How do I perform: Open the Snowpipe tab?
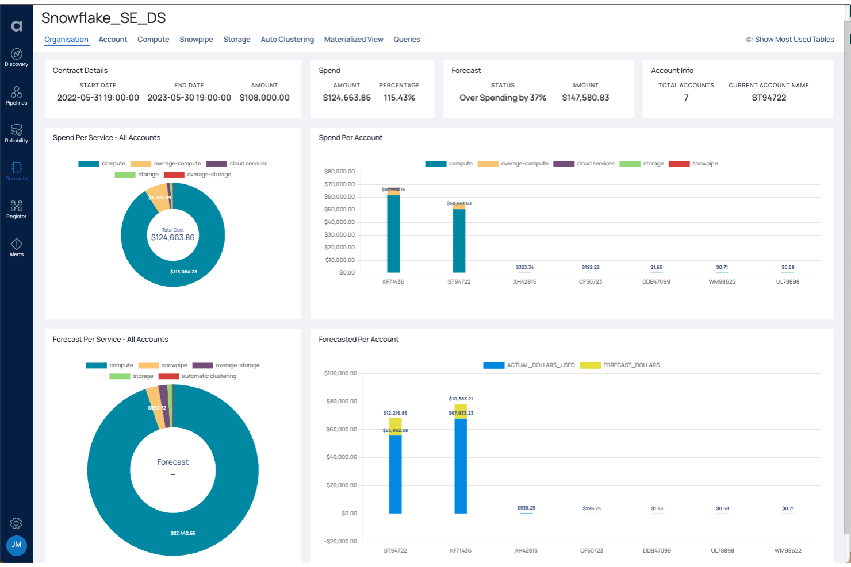(196, 40)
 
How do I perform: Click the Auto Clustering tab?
(287, 40)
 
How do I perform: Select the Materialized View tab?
(353, 40)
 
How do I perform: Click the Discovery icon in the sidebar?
(17, 57)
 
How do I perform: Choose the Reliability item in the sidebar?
(17, 133)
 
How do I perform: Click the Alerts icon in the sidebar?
(17, 247)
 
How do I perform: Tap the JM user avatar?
(17, 545)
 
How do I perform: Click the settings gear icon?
(17, 523)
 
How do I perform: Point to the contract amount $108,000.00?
(264, 98)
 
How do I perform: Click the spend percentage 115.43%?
(399, 98)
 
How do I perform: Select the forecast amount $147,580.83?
(585, 98)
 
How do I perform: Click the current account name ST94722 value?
(769, 98)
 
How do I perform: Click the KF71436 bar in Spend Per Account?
(393, 233)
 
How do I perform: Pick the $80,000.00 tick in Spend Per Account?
(339, 172)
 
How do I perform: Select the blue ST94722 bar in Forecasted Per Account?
(395, 474)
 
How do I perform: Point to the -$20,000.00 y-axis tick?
(340, 542)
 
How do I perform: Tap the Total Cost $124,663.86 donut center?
(172, 235)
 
